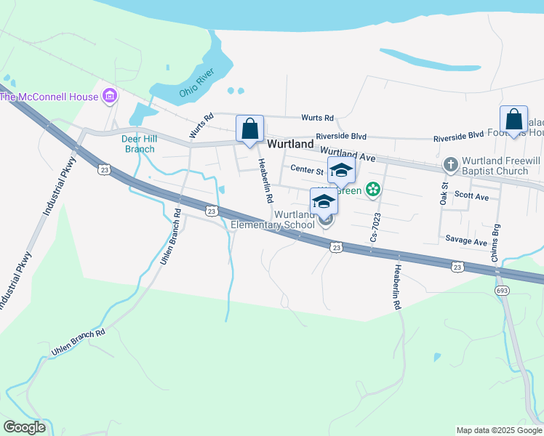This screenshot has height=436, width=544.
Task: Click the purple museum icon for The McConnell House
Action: (x=110, y=95)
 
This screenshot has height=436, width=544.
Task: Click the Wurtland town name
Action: (x=290, y=145)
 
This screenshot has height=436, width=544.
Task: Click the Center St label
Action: (x=307, y=170)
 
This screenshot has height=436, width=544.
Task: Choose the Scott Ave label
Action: (x=471, y=196)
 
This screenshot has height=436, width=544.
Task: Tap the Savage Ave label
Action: (x=466, y=241)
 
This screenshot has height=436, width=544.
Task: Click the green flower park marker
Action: (x=373, y=190)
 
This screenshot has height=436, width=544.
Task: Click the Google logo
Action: (x=24, y=427)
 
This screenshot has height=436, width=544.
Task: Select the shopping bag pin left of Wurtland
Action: (x=250, y=130)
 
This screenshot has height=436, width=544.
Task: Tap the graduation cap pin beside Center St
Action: (x=341, y=171)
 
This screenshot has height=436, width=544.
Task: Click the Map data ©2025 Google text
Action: (x=498, y=430)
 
